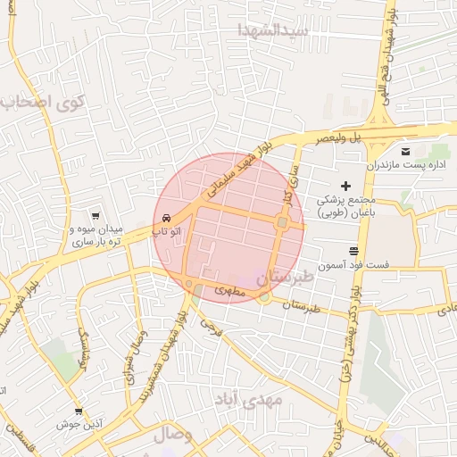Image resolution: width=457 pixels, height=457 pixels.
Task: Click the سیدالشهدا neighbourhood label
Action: pyautogui.click(x=273, y=29)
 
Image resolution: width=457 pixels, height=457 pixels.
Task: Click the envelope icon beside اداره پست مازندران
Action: pyautogui.click(x=406, y=151)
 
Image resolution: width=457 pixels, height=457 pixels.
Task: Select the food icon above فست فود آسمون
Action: pyautogui.click(x=353, y=251)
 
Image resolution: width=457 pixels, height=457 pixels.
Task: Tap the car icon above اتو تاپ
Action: pyautogui.click(x=167, y=218)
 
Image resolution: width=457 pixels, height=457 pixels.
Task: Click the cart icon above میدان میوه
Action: pyautogui.click(x=95, y=215)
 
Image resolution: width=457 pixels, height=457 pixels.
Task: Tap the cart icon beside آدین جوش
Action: pyautogui.click(x=79, y=411)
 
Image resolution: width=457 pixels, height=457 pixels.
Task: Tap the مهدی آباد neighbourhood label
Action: pyautogui.click(x=247, y=398)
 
